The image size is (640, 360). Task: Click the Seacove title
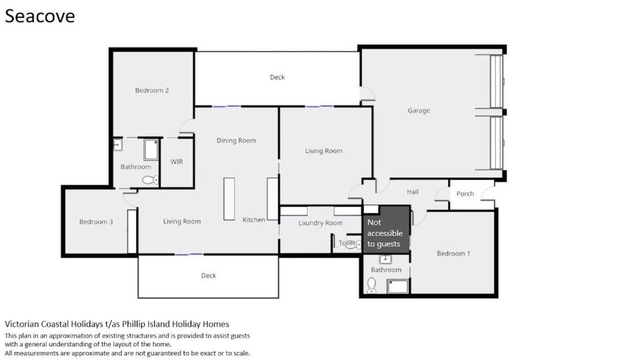[40, 16]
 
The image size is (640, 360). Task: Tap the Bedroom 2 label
[152, 90]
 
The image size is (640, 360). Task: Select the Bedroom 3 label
[96, 222]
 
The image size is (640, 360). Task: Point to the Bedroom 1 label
[453, 254]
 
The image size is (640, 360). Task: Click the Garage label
[419, 110]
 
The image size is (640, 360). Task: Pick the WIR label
[177, 162]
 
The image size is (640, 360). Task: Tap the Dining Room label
[236, 141]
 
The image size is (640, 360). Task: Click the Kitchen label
[254, 219]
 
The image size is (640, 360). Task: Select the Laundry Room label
[321, 223]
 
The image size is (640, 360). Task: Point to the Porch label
[465, 194]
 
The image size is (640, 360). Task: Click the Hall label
[412, 192]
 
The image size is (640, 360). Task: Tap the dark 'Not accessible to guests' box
[386, 230]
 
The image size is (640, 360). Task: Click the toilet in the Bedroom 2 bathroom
[151, 179]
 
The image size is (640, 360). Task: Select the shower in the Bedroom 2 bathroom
[151, 150]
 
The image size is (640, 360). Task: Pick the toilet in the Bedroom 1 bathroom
[371, 285]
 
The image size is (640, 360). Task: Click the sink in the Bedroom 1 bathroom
[385, 259]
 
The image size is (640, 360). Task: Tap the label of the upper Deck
[277, 77]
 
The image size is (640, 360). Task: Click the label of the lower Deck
[209, 276]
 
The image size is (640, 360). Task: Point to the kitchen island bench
[229, 199]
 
